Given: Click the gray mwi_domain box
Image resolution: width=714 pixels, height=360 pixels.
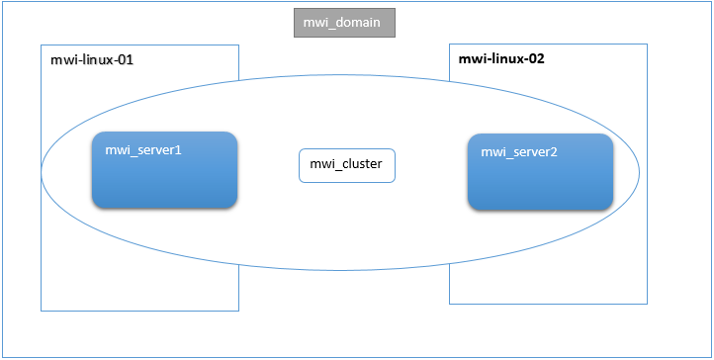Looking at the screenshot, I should pyautogui.click(x=344, y=22).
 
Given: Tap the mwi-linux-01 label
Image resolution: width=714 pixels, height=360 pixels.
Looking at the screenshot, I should pyautogui.click(x=92, y=60).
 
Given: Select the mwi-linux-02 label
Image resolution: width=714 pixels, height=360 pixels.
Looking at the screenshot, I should pyautogui.click(x=501, y=58).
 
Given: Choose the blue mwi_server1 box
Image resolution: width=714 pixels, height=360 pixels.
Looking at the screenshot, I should pyautogui.click(x=164, y=169).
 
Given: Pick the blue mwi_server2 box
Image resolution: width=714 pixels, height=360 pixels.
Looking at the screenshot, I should pyautogui.click(x=540, y=171).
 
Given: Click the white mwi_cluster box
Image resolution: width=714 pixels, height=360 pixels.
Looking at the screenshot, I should pyautogui.click(x=347, y=165).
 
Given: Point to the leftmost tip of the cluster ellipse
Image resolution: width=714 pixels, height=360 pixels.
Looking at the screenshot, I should pyautogui.click(x=41, y=172).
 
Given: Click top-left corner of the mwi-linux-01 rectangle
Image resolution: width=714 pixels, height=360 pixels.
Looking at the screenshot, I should pyautogui.click(x=41, y=45).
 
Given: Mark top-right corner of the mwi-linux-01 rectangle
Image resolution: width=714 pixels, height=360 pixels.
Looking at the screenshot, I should pyautogui.click(x=239, y=45).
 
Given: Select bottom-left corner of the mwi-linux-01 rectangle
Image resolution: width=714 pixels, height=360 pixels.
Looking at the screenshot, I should pyautogui.click(x=41, y=311).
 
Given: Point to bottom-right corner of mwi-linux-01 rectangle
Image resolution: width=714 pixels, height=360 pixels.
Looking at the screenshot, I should pyautogui.click(x=239, y=311).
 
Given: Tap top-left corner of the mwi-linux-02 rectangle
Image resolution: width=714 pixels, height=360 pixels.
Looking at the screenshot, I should pyautogui.click(x=449, y=44).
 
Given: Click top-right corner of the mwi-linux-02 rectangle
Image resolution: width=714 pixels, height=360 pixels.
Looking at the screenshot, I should pyautogui.click(x=648, y=44).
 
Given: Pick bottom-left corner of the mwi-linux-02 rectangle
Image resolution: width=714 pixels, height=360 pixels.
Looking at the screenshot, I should pyautogui.click(x=449, y=304).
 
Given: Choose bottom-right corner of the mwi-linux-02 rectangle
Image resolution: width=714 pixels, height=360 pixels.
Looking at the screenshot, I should pyautogui.click(x=648, y=304).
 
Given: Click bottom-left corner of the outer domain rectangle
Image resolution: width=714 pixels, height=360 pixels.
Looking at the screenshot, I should pyautogui.click(x=2, y=357).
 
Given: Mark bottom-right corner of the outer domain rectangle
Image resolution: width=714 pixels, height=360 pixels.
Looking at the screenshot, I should pyautogui.click(x=711, y=357).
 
